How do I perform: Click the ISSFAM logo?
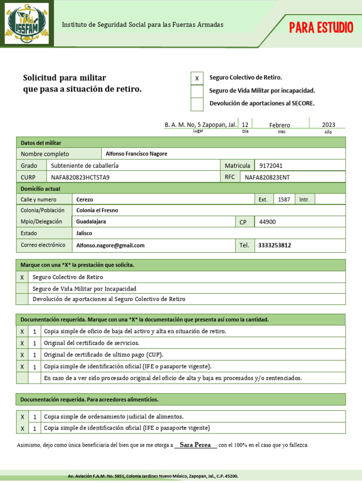click(x=27, y=24)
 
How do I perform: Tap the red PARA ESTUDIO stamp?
click(x=321, y=28)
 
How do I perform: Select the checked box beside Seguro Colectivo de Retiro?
click(x=197, y=78)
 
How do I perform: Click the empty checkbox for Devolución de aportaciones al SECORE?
click(x=197, y=104)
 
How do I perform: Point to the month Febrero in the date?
click(x=280, y=125)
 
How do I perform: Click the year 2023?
click(x=329, y=125)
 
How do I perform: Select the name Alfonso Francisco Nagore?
click(x=136, y=154)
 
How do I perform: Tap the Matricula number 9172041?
click(x=271, y=166)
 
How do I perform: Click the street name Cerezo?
click(x=85, y=200)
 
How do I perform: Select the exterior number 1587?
click(x=284, y=200)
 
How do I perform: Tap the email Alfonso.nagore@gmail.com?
click(x=110, y=245)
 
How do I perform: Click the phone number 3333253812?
click(x=274, y=245)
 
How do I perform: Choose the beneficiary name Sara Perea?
click(x=196, y=445)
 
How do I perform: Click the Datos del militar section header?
click(x=41, y=143)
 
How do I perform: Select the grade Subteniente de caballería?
click(x=85, y=166)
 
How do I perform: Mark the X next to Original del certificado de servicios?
click(x=22, y=343)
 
